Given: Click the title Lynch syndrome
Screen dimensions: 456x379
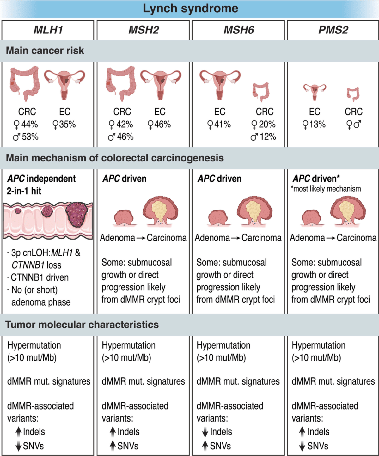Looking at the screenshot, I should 190,9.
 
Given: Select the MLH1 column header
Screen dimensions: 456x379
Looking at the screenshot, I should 48,30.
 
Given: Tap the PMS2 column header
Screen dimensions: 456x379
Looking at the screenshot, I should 333,30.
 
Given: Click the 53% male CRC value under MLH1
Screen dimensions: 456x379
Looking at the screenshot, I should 26,137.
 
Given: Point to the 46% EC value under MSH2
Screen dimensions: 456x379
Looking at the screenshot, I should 159,125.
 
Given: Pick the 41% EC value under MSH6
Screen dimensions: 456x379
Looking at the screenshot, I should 219,125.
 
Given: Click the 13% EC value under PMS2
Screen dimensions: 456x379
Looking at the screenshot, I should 314,125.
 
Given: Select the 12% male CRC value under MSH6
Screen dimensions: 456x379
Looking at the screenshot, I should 263,137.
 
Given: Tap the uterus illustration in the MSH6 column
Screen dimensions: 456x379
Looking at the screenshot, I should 220,84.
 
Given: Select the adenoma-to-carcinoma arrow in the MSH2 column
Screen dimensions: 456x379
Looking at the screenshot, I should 141,238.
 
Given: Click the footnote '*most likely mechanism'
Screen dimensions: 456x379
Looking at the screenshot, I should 326,189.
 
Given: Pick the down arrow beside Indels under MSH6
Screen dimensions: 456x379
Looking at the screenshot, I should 205,432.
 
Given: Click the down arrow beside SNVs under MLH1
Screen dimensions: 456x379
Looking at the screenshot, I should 19,446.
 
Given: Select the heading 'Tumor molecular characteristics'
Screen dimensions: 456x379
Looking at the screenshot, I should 82,325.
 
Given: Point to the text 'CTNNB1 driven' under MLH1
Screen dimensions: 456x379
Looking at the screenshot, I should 40,277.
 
